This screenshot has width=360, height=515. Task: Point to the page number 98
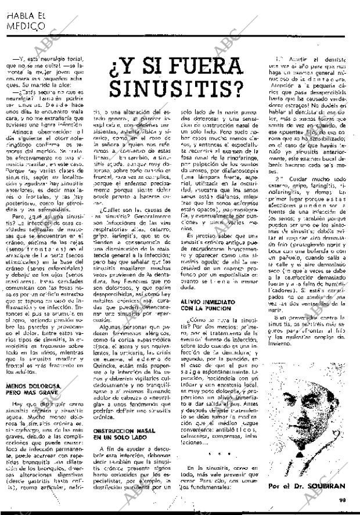click(x=350, y=508)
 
